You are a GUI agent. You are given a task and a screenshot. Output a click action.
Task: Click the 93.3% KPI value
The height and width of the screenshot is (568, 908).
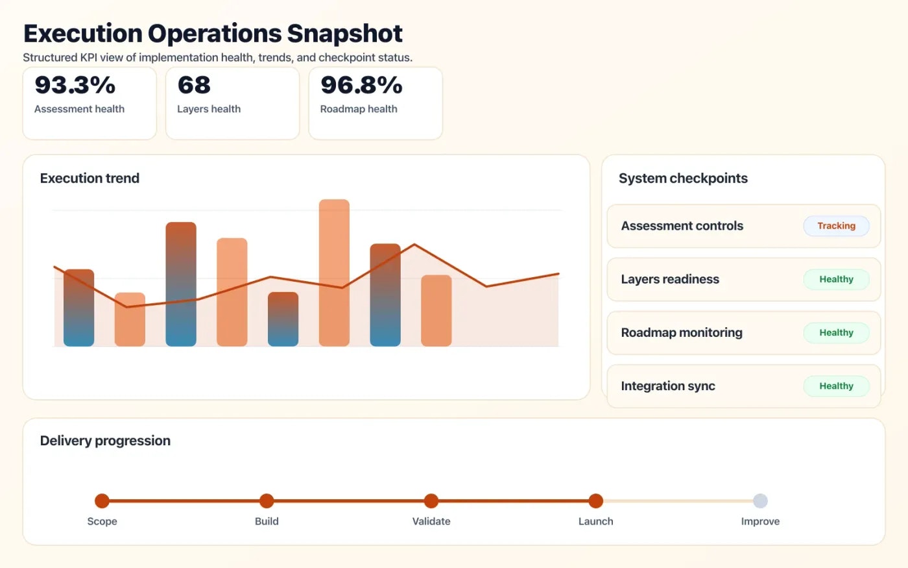point(75,85)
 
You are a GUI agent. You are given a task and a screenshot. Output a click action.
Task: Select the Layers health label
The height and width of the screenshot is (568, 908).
point(209,109)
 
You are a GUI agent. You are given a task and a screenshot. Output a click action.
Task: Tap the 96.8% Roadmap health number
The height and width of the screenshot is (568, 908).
point(361,85)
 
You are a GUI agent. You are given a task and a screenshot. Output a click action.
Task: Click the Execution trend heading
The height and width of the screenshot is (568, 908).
point(90,179)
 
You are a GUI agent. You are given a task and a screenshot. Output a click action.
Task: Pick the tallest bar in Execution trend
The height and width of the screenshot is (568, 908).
point(334,273)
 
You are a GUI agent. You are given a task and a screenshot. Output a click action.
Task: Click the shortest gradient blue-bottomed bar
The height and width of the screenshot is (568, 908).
point(283,319)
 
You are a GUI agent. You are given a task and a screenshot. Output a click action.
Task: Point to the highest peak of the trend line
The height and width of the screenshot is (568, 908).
point(414,245)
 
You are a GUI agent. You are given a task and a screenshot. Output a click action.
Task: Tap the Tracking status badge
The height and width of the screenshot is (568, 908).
point(836,226)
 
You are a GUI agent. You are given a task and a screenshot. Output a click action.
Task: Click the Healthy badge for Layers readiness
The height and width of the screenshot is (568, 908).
point(836,279)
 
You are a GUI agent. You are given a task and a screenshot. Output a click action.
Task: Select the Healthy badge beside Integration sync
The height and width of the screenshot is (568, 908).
point(836,386)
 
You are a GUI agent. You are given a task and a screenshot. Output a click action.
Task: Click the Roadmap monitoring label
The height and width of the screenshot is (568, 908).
point(682,332)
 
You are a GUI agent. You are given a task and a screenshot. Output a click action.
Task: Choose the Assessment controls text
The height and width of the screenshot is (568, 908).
point(682,226)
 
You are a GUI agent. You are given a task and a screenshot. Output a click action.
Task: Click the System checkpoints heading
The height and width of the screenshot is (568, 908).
point(683,179)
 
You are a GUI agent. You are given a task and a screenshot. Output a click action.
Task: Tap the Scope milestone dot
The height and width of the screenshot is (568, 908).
point(102,500)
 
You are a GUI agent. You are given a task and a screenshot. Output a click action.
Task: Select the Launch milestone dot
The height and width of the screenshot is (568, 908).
point(595,500)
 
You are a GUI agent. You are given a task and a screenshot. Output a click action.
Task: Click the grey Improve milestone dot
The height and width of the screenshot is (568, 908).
point(760,500)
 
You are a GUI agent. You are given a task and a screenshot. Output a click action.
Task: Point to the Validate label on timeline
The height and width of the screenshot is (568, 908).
point(431,521)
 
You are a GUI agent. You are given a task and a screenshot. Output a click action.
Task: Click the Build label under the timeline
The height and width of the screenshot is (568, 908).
point(267,521)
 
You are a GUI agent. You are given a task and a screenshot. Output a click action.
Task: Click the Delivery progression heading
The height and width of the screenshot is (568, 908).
point(105,441)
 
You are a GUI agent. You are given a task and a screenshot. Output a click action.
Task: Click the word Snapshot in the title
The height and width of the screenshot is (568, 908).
point(344,33)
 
